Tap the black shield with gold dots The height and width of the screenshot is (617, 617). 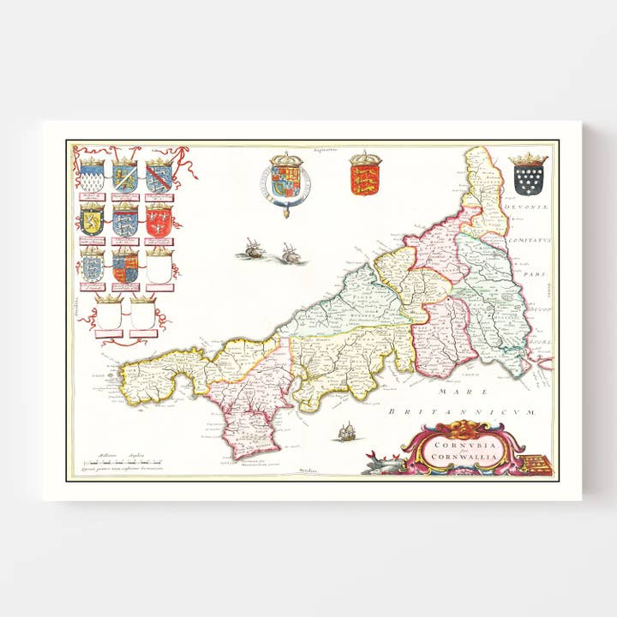[x=528, y=180]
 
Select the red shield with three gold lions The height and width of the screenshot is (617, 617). [x=364, y=179]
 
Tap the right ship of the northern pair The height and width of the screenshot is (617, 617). [x=289, y=254]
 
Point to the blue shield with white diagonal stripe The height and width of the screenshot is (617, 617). [x=125, y=178]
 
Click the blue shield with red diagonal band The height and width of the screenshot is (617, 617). [x=158, y=178]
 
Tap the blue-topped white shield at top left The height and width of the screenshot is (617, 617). [x=93, y=178]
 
